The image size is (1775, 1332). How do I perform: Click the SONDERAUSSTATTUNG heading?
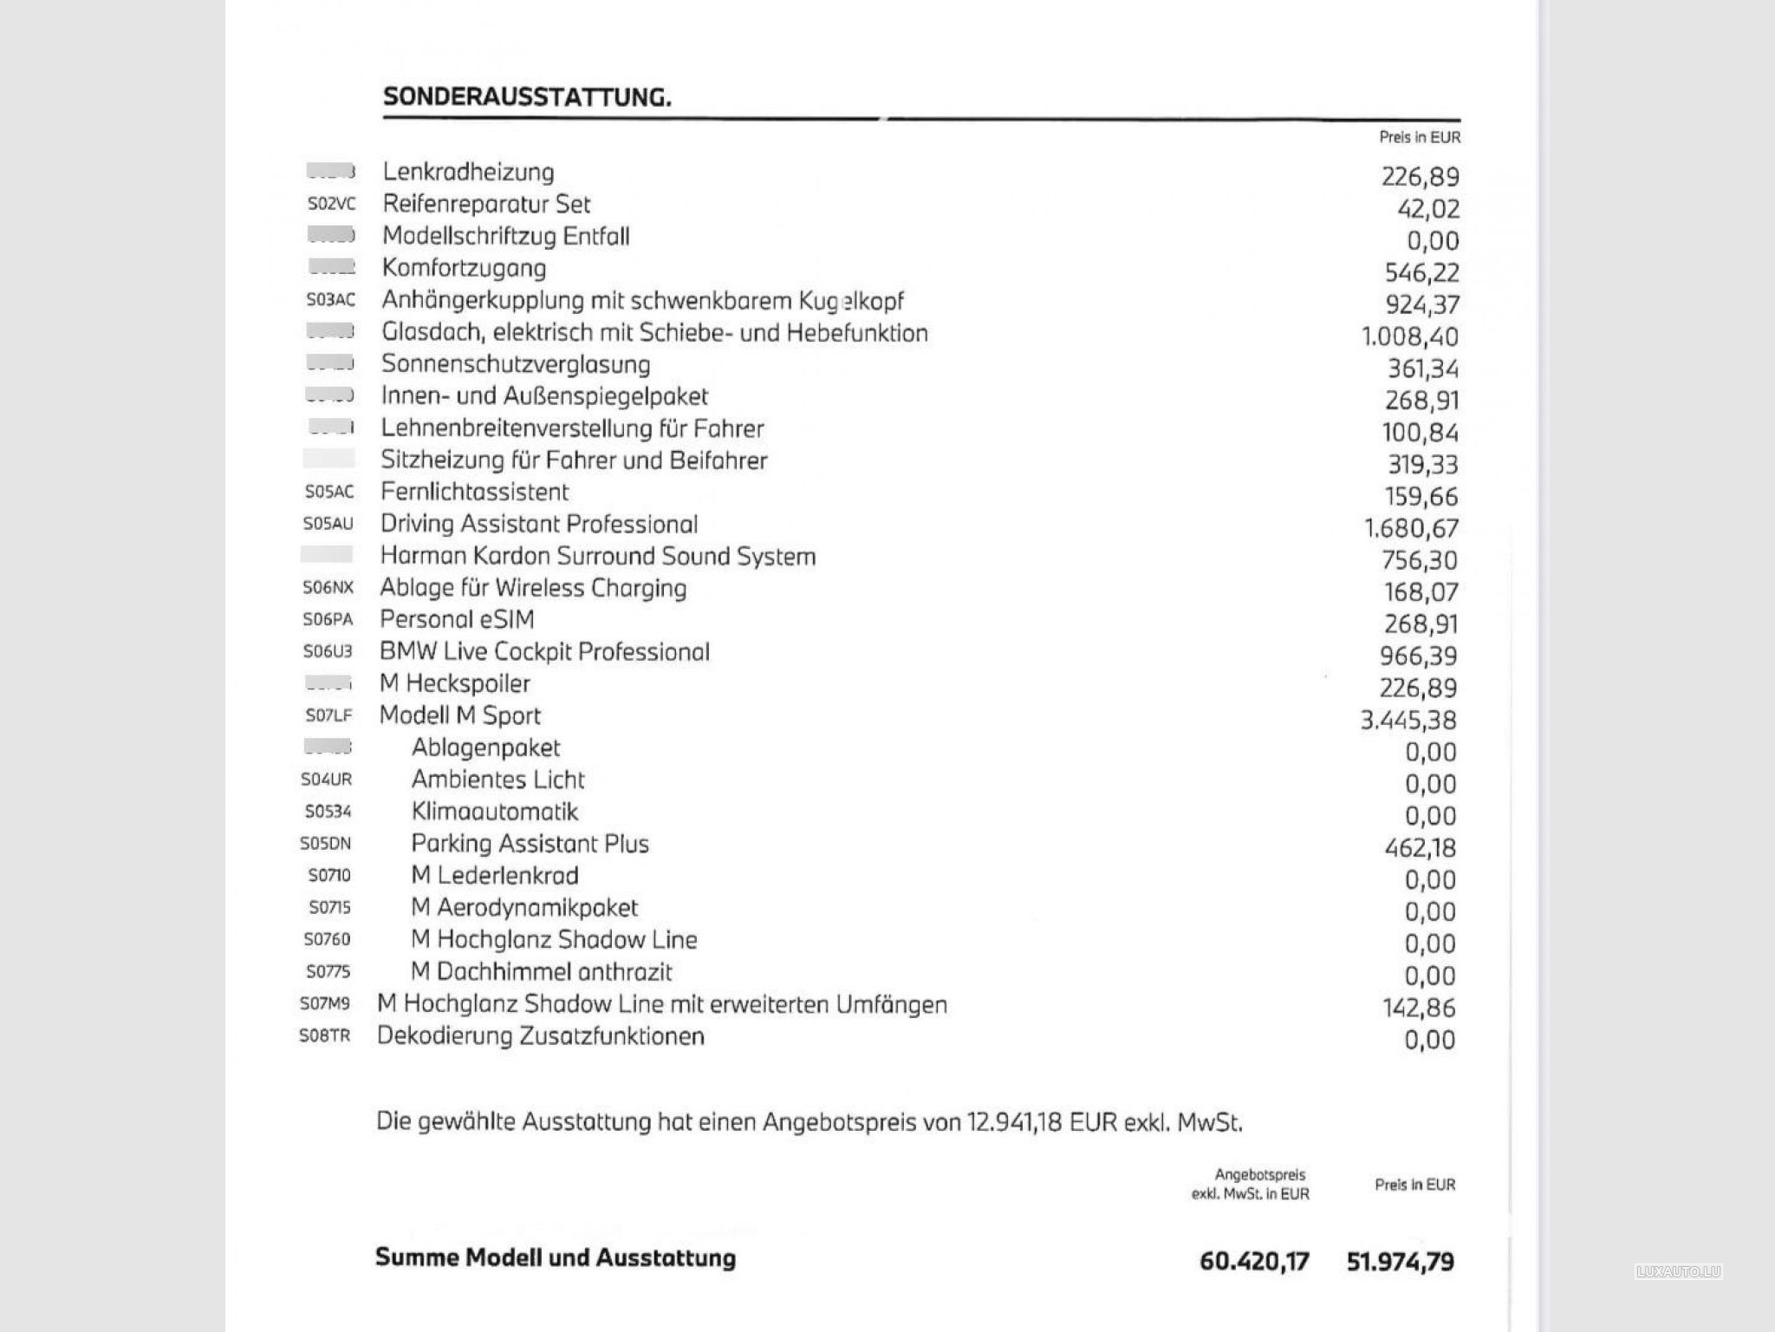coord(527,96)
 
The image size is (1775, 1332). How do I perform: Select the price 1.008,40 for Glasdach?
coord(1410,336)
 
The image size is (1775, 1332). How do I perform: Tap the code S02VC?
coord(331,205)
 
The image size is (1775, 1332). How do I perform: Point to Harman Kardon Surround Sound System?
coord(598,556)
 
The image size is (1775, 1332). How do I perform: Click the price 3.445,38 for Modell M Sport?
coord(1408,720)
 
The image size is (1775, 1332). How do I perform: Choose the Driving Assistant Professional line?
coord(539,524)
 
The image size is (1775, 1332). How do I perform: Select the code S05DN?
coord(325,844)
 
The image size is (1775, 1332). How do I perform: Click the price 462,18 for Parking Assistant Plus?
coord(1421,847)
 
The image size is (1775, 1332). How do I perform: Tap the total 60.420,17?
coord(1254,1261)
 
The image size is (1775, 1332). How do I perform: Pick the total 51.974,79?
coord(1401,1261)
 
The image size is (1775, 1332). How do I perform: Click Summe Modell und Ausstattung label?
coord(556,1257)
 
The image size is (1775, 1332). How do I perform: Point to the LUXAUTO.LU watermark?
coord(1679,1272)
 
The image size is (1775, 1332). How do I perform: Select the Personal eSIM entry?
coord(457,619)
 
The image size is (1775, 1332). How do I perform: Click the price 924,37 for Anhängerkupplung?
coord(1422,304)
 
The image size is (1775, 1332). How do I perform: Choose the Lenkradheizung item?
coord(468,172)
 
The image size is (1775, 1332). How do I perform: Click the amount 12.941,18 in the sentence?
coord(1015,1122)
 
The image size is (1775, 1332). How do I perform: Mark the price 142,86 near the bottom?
coord(1419,1008)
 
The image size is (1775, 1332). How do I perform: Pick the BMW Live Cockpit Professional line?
coord(544,651)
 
